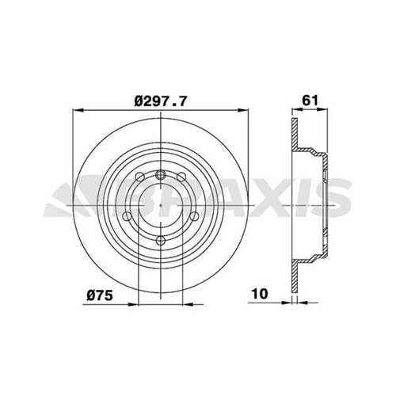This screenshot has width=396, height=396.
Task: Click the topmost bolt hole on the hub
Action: [x=161, y=175]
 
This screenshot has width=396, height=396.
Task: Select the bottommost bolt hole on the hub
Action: [x=161, y=240]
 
